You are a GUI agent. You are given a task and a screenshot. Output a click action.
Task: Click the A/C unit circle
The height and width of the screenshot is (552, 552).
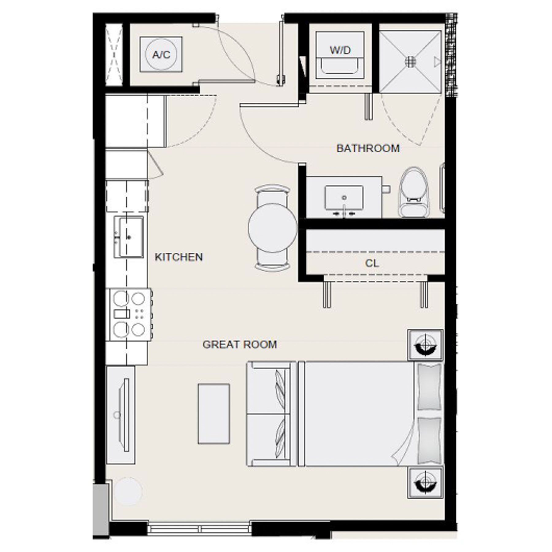coord(161,55)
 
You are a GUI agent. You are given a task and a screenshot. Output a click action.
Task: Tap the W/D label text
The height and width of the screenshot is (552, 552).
coord(340,50)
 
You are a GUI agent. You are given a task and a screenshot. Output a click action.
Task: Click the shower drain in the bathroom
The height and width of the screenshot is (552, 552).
coord(410,61)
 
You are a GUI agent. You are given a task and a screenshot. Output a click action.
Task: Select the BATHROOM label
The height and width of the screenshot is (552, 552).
coord(368,148)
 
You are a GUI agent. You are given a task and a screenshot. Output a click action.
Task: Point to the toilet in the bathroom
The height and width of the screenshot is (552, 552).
coord(414,193)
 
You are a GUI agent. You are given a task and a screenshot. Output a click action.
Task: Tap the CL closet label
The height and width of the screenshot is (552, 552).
coord(372,263)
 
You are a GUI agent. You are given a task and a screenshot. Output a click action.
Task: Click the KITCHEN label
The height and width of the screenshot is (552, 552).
coord(178,257)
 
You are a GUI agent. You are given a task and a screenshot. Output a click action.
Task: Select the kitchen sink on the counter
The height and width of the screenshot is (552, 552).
coord(129,237)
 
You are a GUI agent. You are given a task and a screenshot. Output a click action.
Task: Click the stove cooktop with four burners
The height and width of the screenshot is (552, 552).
coord(129,314)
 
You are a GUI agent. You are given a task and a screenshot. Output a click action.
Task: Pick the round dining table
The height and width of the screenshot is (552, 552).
coord(272,228)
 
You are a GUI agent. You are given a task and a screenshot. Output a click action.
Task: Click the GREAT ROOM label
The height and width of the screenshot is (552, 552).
coord(240,344)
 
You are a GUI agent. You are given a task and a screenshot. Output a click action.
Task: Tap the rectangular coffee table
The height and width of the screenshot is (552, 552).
coord(214,413)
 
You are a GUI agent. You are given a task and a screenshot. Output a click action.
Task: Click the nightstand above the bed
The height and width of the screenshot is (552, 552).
coord(425,345)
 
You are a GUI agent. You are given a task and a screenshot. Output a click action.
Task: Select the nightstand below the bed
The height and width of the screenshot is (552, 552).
coord(425,482)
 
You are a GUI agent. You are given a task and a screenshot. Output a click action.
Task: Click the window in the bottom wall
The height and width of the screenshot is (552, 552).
coord(199,529)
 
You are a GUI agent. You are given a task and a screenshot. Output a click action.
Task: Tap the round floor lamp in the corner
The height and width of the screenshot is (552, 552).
coord(128,491)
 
